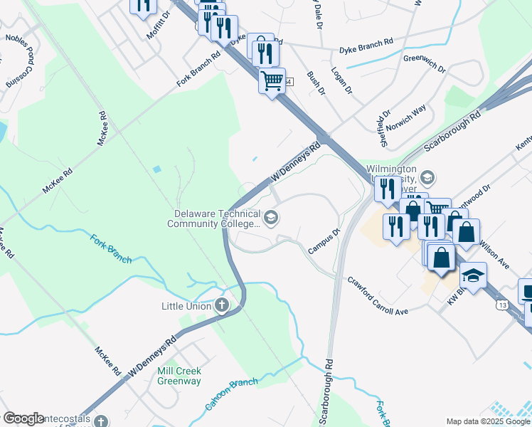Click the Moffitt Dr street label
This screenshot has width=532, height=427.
[159, 24]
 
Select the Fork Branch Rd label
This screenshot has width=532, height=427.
[200, 70]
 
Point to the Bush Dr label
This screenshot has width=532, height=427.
[315, 83]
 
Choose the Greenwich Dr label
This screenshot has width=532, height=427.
[424, 64]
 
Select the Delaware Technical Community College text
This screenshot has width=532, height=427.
[213, 218]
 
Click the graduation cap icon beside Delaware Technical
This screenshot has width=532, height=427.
[271, 218]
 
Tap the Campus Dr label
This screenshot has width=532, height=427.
[326, 241]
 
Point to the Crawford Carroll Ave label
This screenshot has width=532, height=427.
[377, 296]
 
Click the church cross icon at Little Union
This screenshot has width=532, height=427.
[222, 307]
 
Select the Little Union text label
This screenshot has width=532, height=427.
[186, 307]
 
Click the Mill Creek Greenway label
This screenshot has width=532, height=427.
[179, 376]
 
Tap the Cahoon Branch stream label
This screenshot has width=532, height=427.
[231, 393]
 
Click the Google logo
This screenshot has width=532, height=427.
[23, 418]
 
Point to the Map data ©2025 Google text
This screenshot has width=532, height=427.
[487, 421]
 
